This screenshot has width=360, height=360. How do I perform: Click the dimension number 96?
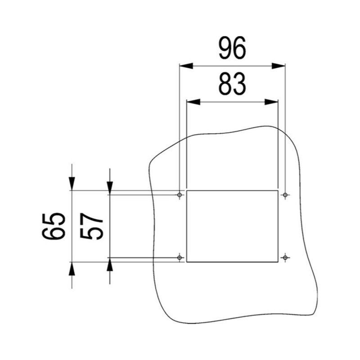pyautogui.click(x=232, y=48)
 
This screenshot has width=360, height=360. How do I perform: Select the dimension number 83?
pyautogui.click(x=232, y=84)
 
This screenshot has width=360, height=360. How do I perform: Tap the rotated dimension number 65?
pyautogui.click(x=54, y=226)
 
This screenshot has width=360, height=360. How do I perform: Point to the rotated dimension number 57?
pyautogui.click(x=91, y=226)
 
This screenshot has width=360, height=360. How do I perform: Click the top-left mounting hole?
pyautogui.click(x=180, y=195)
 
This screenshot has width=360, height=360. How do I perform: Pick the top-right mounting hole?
pyautogui.click(x=285, y=195)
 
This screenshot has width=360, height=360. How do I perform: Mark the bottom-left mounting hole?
pyautogui.click(x=180, y=257)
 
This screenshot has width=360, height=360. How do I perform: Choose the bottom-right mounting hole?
pyautogui.click(x=285, y=257)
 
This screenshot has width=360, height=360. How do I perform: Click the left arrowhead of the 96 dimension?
pyautogui.click(x=186, y=66)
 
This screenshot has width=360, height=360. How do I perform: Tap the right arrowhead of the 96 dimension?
pyautogui.click(x=279, y=66)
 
